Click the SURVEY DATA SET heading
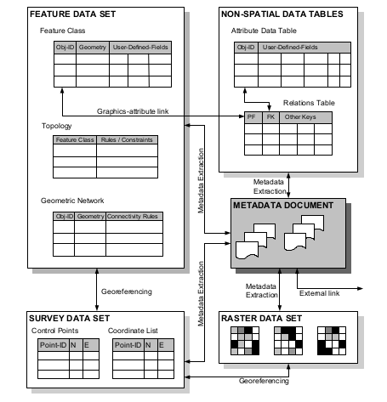click(x=62, y=317)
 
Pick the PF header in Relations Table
click(x=251, y=116)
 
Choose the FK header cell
click(x=270, y=116)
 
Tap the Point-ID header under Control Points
click(x=52, y=345)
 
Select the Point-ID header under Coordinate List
click(x=128, y=345)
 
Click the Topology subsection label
click(x=56, y=124)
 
